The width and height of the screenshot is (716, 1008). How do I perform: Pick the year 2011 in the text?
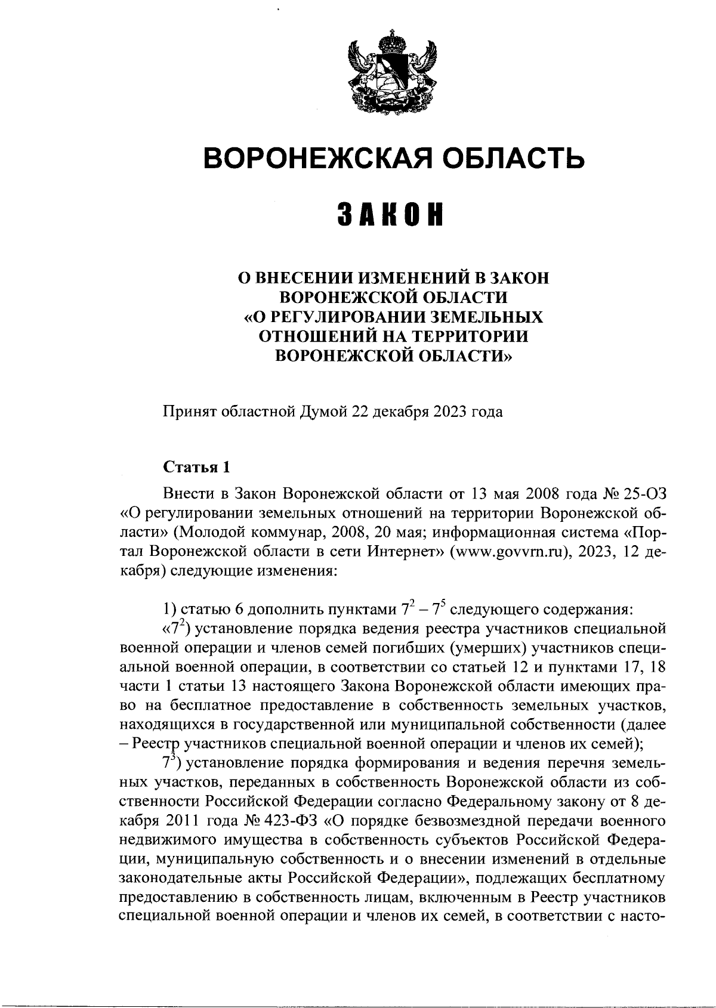[x=179, y=820]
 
